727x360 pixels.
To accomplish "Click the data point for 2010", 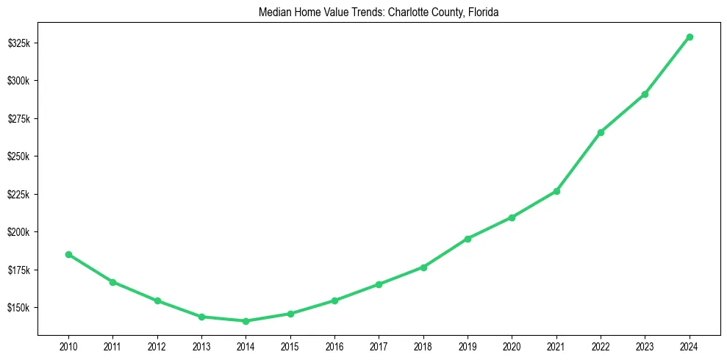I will (x=68, y=254).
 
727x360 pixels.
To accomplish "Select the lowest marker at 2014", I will (x=246, y=321).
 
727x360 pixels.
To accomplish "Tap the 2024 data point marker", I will (x=690, y=37).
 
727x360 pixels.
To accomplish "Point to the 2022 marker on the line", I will (x=601, y=132).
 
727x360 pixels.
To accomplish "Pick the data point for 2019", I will (x=468, y=239).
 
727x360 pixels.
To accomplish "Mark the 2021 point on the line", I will (x=556, y=191).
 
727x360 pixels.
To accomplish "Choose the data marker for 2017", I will (x=379, y=284).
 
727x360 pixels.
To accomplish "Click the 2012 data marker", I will (x=157, y=300).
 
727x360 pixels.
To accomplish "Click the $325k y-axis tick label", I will (x=18, y=43).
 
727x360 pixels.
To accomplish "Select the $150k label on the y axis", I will (x=18, y=308).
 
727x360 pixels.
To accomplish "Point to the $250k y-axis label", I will (x=18, y=156).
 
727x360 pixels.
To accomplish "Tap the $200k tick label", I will (x=18, y=232).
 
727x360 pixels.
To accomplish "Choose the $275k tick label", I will (x=18, y=119).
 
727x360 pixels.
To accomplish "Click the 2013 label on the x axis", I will (x=201, y=345).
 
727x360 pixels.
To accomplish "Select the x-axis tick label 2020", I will (x=512, y=345).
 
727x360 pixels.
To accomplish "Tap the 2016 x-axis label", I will (x=334, y=345).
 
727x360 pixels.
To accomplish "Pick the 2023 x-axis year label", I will (x=645, y=345).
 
